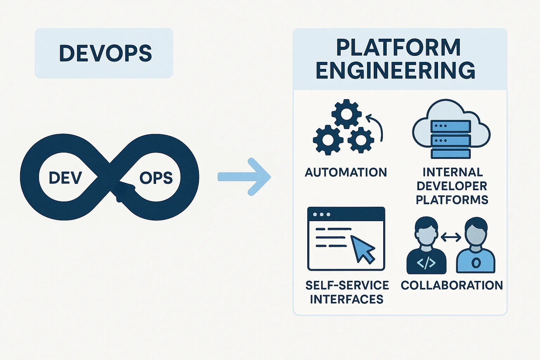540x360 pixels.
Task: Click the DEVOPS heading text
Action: (105, 53)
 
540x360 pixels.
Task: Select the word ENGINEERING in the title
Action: (396, 71)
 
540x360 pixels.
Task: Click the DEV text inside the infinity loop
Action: (65, 178)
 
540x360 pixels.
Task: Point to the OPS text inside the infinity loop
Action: (156, 178)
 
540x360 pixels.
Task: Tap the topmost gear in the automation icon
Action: (346, 114)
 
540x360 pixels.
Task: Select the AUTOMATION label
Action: (346, 172)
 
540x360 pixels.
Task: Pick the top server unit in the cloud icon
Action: (451, 126)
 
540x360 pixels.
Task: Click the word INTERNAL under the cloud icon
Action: (452, 172)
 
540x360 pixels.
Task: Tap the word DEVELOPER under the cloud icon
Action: (452, 186)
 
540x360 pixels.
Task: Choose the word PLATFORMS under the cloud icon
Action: (452, 200)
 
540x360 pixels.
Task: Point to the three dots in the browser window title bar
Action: (321, 214)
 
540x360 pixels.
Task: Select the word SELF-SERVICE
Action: (347, 285)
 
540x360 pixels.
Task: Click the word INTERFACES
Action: (346, 299)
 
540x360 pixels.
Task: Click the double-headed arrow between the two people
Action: (451, 238)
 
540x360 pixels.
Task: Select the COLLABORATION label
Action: (452, 285)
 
